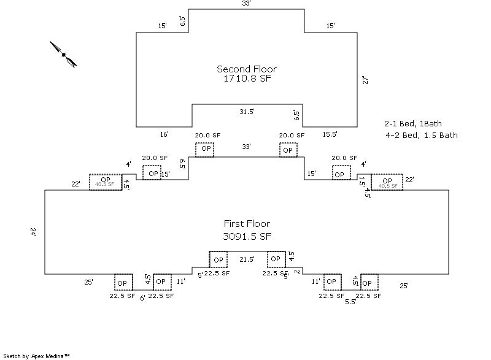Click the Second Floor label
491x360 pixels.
[246, 69]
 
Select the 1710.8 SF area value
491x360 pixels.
[246, 79]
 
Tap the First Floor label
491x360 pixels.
[246, 224]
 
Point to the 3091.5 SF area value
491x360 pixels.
[246, 236]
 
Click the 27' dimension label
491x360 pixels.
[365, 80]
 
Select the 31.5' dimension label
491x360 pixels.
[247, 111]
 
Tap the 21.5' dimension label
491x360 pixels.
[247, 259]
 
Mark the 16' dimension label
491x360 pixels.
[164, 134]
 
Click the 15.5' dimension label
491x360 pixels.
[330, 134]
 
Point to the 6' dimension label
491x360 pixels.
[142, 297]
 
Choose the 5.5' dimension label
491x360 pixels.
[350, 301]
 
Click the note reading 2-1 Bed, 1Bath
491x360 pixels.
[412, 123]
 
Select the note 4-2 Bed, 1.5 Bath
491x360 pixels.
[422, 135]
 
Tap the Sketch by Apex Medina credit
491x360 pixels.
[36, 355]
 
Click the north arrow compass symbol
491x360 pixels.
[63, 55]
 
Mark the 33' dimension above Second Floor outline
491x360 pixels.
[246, 4]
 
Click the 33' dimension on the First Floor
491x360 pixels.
[246, 147]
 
